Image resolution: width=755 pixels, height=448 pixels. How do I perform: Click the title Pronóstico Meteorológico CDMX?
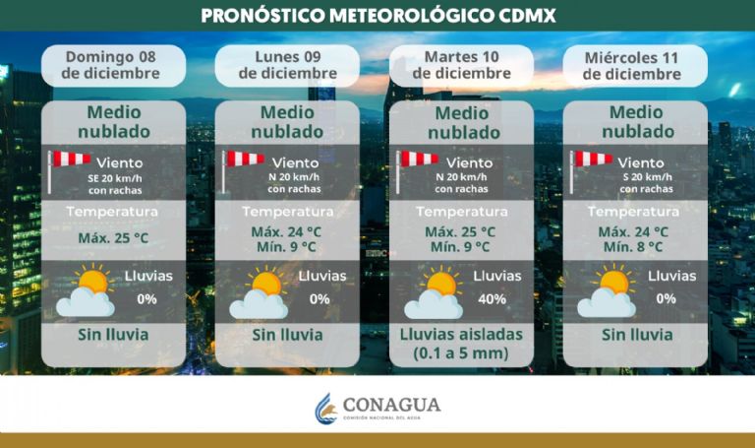click(x=377, y=16)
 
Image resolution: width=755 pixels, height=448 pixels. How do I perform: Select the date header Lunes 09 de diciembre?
click(x=286, y=65)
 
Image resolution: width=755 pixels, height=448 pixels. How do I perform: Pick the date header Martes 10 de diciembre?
click(x=461, y=65)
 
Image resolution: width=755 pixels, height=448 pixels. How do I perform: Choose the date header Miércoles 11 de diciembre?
click(x=634, y=65)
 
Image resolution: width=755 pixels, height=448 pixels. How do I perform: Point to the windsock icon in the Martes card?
click(x=417, y=166)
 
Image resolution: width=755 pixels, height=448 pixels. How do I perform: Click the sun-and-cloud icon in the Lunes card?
click(x=259, y=292)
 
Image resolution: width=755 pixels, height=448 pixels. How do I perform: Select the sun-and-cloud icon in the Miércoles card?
click(x=607, y=292)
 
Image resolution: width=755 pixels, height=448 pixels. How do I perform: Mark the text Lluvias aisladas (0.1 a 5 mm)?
click(x=461, y=343)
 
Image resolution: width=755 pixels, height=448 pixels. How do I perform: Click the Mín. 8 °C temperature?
click(x=634, y=247)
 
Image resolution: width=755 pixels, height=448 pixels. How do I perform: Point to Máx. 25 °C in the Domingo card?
click(x=112, y=238)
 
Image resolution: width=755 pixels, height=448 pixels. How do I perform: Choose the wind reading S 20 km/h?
click(x=646, y=177)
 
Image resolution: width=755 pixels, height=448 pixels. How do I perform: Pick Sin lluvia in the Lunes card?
click(x=286, y=335)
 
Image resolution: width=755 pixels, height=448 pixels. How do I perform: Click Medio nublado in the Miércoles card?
click(x=634, y=121)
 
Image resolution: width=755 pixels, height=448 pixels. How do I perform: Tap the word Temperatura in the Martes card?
click(x=461, y=212)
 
